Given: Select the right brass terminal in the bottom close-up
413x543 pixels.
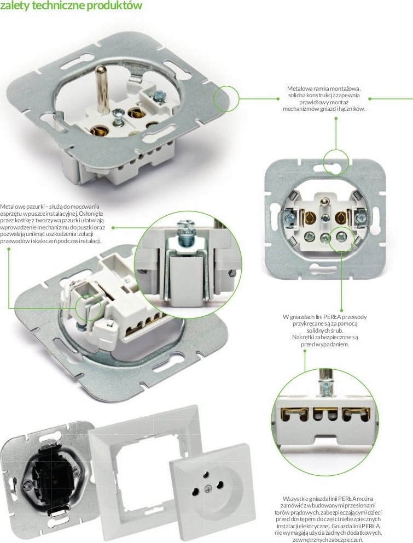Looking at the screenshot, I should tap(355, 417).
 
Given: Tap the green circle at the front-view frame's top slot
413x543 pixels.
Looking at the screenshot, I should tap(335, 161).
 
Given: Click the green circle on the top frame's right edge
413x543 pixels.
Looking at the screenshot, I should tap(226, 99).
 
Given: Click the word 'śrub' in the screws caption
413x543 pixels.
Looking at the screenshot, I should tap(333, 330).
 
